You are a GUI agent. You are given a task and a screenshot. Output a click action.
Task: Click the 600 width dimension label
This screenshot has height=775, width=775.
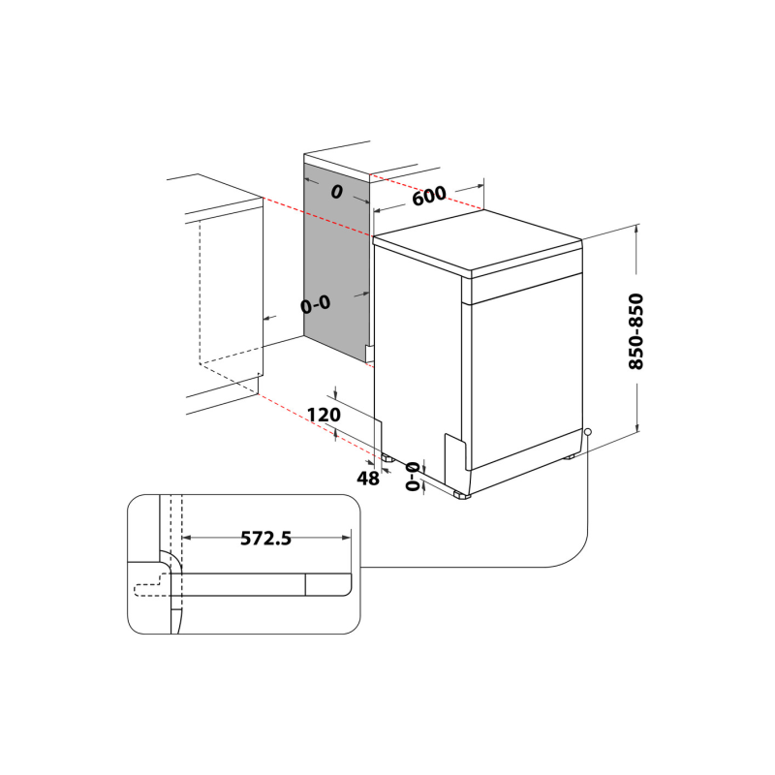pos(428,195)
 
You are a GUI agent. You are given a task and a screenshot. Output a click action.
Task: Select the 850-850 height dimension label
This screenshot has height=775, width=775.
pos(636,331)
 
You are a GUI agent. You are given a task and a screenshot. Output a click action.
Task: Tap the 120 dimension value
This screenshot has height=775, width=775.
pos(324,415)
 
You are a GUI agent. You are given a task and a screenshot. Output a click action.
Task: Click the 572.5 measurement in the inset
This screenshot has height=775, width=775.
pos(265,539)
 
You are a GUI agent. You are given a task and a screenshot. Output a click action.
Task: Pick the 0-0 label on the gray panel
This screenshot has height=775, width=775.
pos(316,304)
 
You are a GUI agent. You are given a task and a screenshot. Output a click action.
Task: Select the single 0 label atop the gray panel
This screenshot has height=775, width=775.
pos(336,192)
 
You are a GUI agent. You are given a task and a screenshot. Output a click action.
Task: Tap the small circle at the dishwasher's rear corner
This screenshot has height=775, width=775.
pos(588,431)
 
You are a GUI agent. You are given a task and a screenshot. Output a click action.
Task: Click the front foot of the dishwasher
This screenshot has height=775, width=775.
pos(460,495)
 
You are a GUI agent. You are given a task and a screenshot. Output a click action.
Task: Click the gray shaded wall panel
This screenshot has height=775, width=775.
pos(334,262)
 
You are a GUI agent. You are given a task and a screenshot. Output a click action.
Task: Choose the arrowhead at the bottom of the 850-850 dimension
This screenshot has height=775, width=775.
pos(636,431)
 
